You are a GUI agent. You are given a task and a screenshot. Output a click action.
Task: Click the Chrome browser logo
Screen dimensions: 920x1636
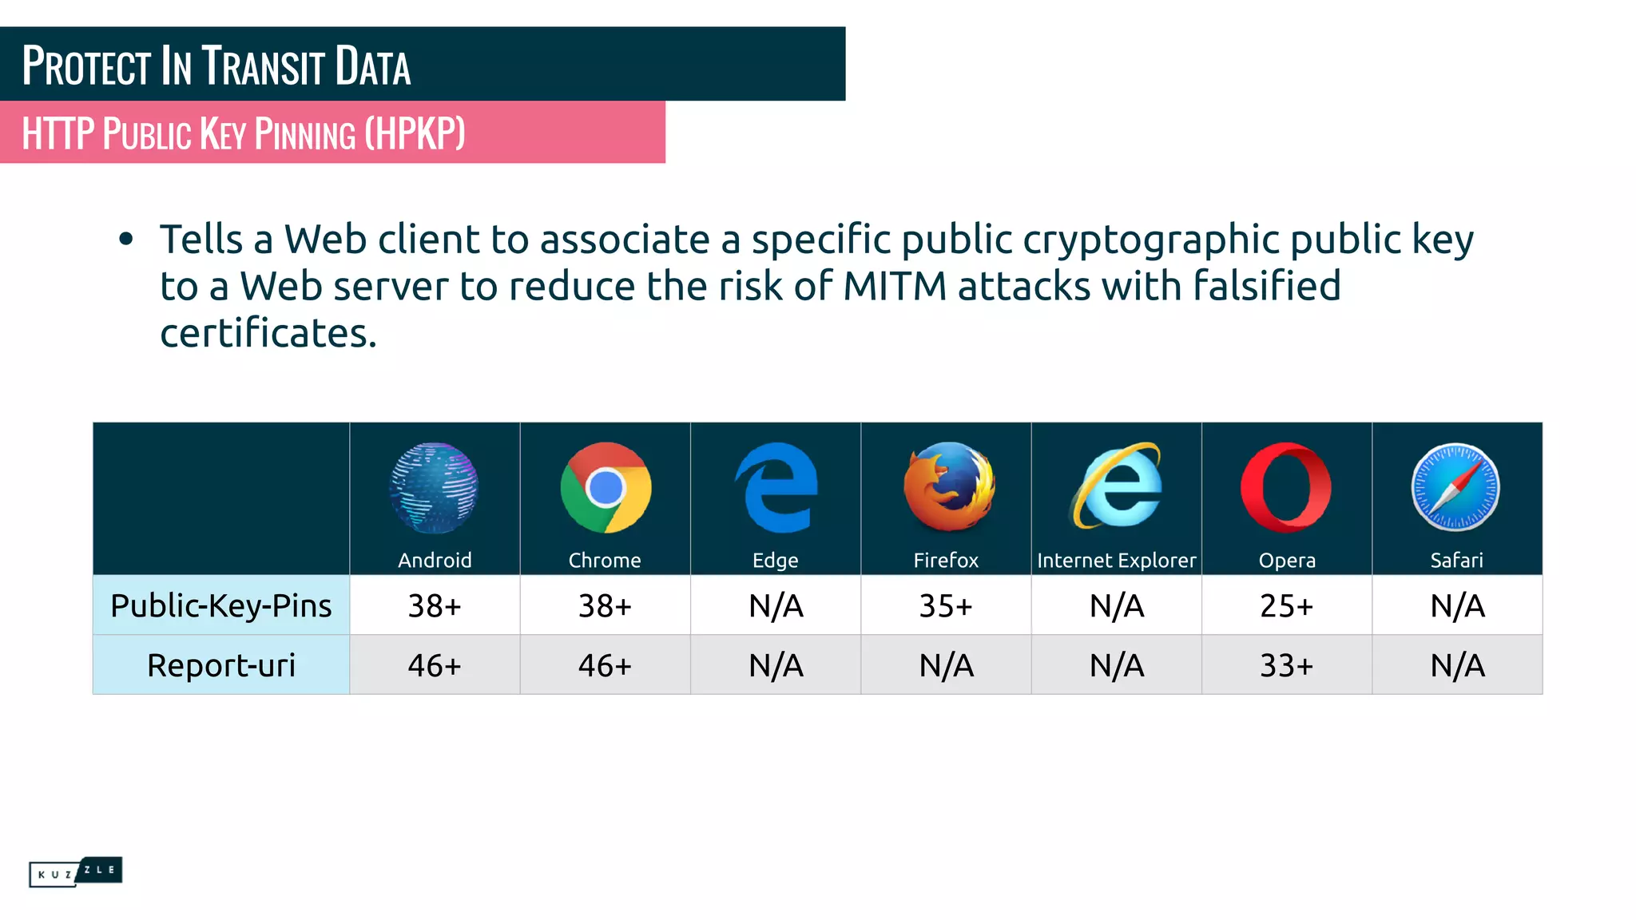click(606, 487)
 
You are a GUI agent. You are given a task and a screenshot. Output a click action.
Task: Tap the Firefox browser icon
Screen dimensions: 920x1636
click(948, 486)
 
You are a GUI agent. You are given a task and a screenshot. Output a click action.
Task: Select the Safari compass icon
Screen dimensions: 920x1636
click(1455, 487)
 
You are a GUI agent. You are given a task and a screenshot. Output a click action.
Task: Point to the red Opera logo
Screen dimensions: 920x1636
click(1286, 487)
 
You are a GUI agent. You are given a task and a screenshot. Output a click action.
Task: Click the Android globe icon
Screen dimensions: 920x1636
click(434, 487)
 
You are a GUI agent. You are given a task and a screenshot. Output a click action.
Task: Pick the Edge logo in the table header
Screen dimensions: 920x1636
click(776, 487)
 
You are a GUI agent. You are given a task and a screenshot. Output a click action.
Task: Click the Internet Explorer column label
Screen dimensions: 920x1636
click(1116, 561)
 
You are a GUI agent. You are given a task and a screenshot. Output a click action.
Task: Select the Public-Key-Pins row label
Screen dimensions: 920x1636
click(220, 605)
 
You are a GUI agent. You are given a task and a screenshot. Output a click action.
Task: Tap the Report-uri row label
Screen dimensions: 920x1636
click(220, 665)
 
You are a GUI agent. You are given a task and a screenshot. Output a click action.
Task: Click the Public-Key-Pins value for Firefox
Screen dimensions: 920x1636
click(946, 606)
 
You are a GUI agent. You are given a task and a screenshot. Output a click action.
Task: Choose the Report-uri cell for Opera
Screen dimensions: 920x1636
click(1286, 665)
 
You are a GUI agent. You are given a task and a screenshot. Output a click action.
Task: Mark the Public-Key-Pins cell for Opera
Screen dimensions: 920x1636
click(1286, 606)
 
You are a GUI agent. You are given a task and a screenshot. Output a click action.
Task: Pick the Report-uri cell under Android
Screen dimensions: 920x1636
click(435, 665)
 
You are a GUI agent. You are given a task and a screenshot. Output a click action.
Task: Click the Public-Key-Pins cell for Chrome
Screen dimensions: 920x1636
click(605, 606)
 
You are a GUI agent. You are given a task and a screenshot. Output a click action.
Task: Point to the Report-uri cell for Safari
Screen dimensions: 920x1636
click(1457, 665)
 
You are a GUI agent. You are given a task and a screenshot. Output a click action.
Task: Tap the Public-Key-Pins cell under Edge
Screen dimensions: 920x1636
click(776, 606)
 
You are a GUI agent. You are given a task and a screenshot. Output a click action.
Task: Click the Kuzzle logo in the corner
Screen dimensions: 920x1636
click(75, 871)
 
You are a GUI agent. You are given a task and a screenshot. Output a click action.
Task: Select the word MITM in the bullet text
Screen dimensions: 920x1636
click(895, 286)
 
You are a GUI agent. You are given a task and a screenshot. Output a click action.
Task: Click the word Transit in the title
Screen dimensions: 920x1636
click(263, 66)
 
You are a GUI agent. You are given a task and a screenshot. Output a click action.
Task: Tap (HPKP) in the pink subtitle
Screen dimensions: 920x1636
click(415, 133)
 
